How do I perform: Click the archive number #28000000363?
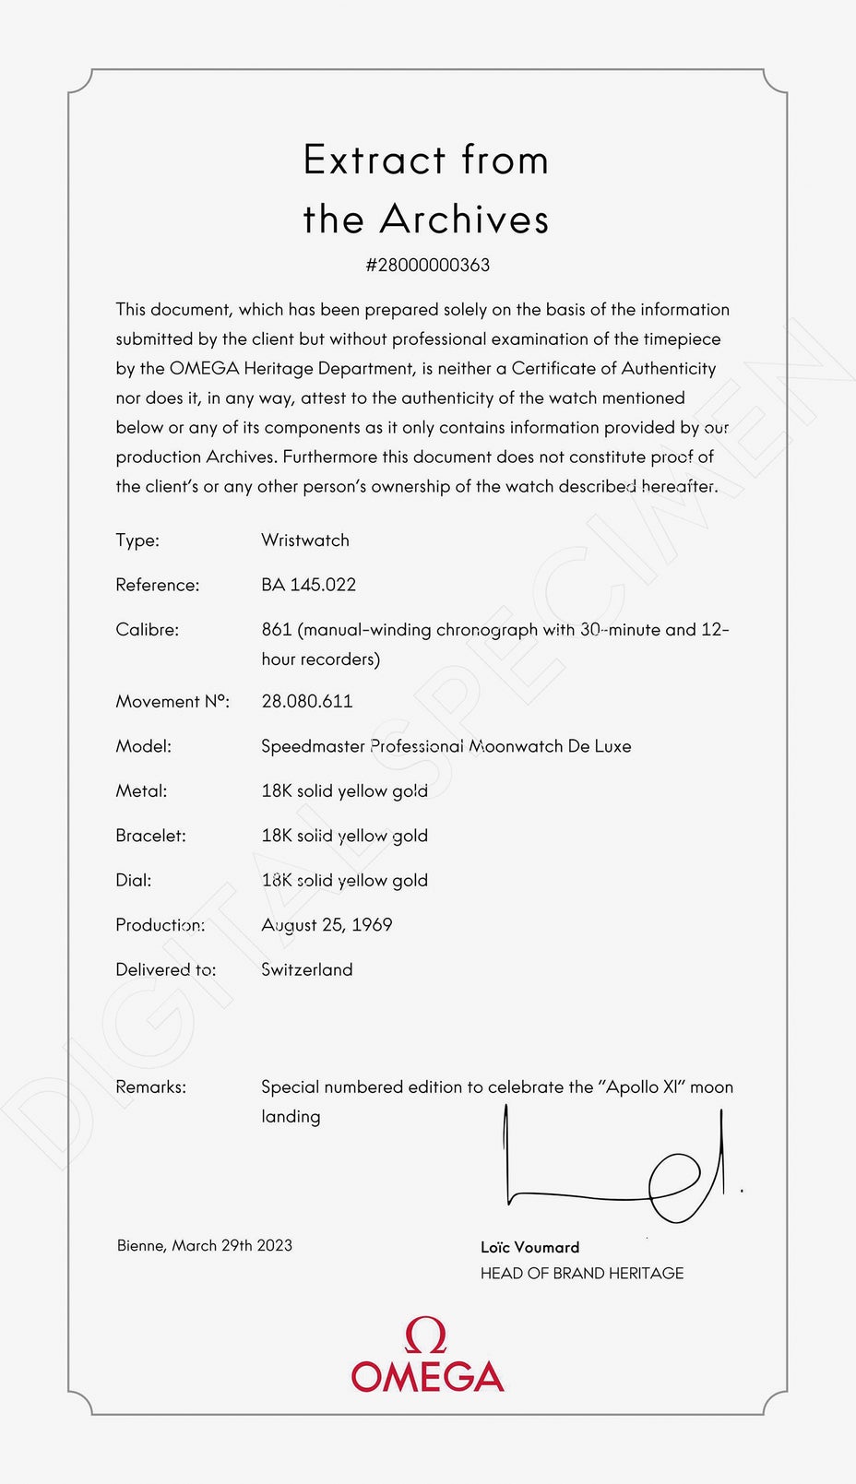(x=427, y=266)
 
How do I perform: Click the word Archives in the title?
(x=464, y=220)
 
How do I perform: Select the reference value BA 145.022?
(x=308, y=585)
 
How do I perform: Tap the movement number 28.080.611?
(x=307, y=701)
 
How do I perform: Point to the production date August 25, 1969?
(x=327, y=925)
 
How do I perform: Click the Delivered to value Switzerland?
(x=306, y=969)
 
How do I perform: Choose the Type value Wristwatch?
(x=304, y=540)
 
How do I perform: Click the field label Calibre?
(x=147, y=630)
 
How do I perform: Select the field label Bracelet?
(x=150, y=836)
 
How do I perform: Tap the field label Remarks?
(x=150, y=1087)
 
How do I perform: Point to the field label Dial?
(x=133, y=881)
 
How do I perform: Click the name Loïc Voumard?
(x=529, y=1248)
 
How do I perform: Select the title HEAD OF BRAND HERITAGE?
(x=581, y=1274)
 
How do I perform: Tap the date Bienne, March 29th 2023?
(x=204, y=1246)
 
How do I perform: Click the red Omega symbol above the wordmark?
(x=426, y=1336)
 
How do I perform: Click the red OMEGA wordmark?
(x=427, y=1377)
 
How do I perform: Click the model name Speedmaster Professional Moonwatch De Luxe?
(x=446, y=746)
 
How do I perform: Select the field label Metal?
(x=141, y=791)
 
